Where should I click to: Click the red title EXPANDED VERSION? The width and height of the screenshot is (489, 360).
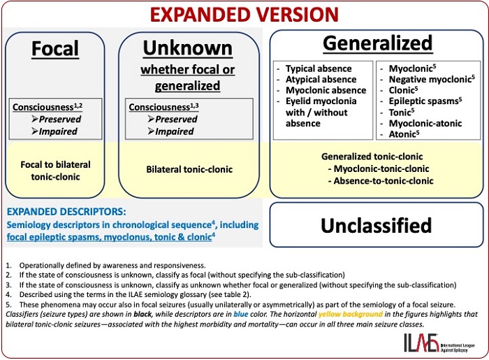244,14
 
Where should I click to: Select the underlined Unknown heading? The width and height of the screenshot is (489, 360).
187,48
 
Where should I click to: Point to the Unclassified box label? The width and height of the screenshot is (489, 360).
376,224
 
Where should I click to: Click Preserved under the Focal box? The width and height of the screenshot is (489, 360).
59,119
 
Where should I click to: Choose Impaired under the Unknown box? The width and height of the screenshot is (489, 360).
175,131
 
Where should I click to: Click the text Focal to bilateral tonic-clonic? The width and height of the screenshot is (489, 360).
56,170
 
